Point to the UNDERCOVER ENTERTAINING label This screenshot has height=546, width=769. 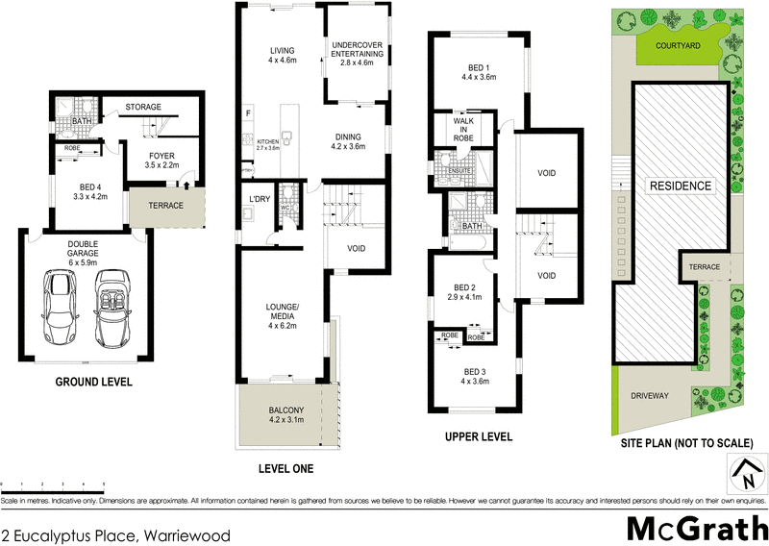click(358, 50)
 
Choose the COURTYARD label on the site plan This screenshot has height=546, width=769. click(677, 45)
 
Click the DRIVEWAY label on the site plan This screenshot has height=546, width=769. click(650, 395)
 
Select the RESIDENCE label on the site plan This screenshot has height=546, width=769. click(680, 186)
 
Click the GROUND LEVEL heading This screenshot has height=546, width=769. click(93, 383)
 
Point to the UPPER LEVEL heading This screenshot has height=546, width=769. click(479, 436)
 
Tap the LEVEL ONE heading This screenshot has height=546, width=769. click(285, 469)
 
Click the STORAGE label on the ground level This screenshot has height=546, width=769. click(144, 107)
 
